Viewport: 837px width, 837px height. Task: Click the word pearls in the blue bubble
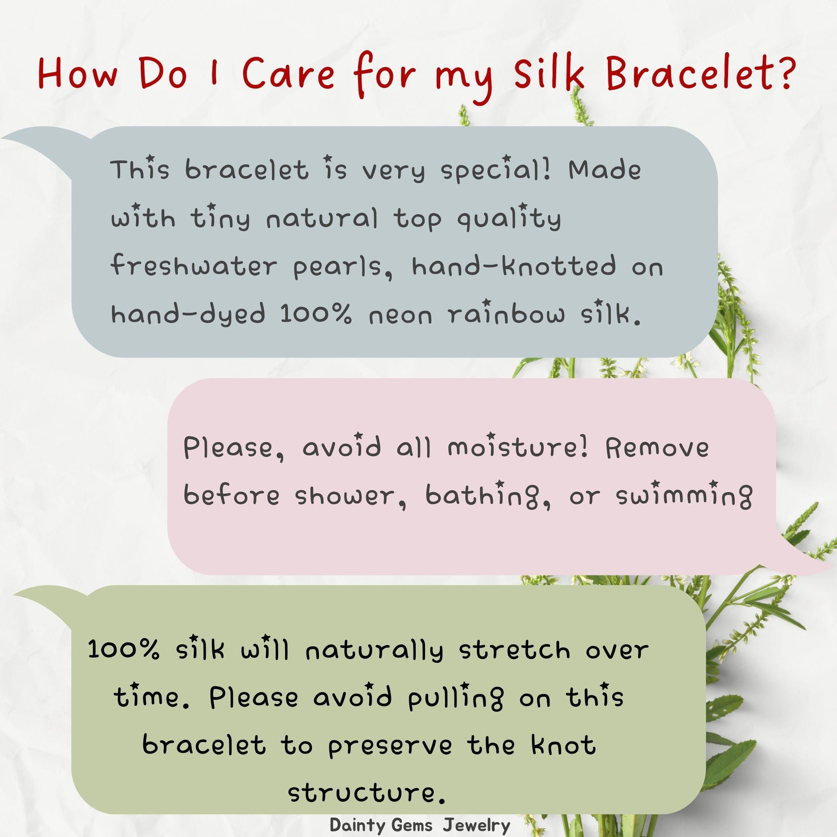342,267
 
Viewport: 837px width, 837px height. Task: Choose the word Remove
657,448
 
